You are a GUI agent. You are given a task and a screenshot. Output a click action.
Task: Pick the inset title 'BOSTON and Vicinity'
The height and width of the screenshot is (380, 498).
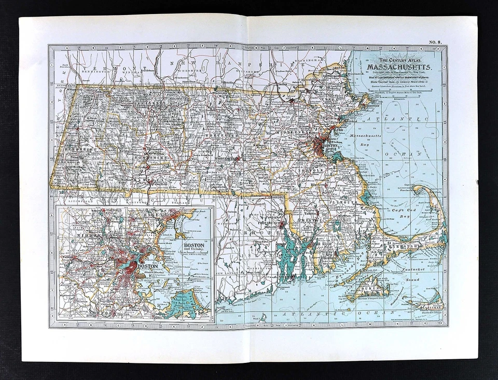pyautogui.click(x=193, y=246)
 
